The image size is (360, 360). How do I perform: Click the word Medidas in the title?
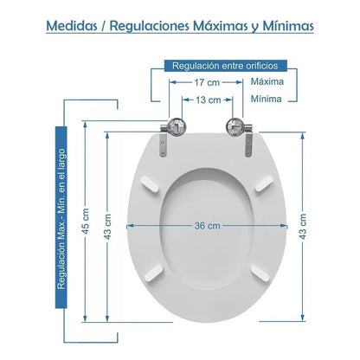(x=72, y=26)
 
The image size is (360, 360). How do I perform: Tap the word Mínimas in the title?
(x=288, y=26)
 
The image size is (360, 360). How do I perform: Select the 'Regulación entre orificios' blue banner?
(x=226, y=66)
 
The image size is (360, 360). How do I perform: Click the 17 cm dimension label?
(x=207, y=82)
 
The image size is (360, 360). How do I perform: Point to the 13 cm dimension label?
(x=209, y=100)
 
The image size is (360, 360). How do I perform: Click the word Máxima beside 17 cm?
(x=267, y=81)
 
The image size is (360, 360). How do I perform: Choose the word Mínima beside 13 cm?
(x=267, y=99)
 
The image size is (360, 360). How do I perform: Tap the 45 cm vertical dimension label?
(x=86, y=222)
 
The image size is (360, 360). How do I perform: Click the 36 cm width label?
(x=207, y=226)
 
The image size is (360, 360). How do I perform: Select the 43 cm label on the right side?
(x=303, y=226)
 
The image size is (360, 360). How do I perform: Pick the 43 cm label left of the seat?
(x=107, y=226)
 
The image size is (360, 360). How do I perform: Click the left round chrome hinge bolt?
(x=177, y=126)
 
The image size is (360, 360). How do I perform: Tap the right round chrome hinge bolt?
(x=235, y=126)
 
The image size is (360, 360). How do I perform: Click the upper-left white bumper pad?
(x=149, y=184)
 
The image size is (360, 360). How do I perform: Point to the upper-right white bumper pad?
(x=264, y=183)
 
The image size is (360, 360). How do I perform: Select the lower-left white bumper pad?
(x=154, y=273)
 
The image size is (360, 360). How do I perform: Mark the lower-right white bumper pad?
(x=260, y=273)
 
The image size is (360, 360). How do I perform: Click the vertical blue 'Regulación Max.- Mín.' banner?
(x=61, y=217)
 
